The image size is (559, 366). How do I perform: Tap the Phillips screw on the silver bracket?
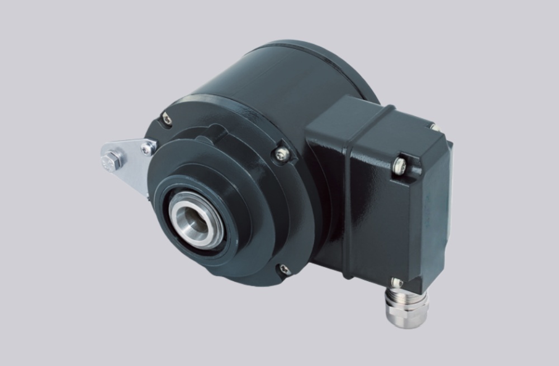pyautogui.click(x=147, y=147)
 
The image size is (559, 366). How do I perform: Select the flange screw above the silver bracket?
pyautogui.click(x=167, y=118)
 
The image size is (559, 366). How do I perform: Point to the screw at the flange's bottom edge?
pyautogui.click(x=285, y=270)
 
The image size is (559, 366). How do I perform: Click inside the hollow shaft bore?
pyautogui.click(x=193, y=218)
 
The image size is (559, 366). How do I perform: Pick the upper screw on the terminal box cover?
pyautogui.click(x=400, y=163)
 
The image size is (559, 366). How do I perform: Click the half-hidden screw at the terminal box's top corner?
pyautogui.click(x=433, y=128)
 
